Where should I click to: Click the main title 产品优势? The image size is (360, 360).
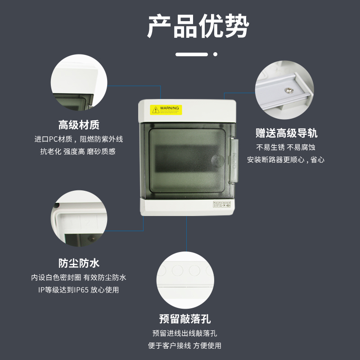[198, 27]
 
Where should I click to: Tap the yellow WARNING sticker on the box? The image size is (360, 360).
[165, 109]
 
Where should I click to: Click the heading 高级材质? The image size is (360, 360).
[79, 125]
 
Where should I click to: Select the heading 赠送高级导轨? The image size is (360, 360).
[286, 133]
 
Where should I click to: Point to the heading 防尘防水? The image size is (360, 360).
[79, 263]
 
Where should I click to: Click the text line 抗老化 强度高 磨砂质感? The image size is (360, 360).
[79, 152]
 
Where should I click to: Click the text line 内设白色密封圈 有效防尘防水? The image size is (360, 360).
[79, 277]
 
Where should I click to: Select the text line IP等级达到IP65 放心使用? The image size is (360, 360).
[79, 290]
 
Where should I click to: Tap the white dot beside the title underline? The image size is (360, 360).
[215, 54]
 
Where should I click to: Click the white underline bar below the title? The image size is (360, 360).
[192, 54]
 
